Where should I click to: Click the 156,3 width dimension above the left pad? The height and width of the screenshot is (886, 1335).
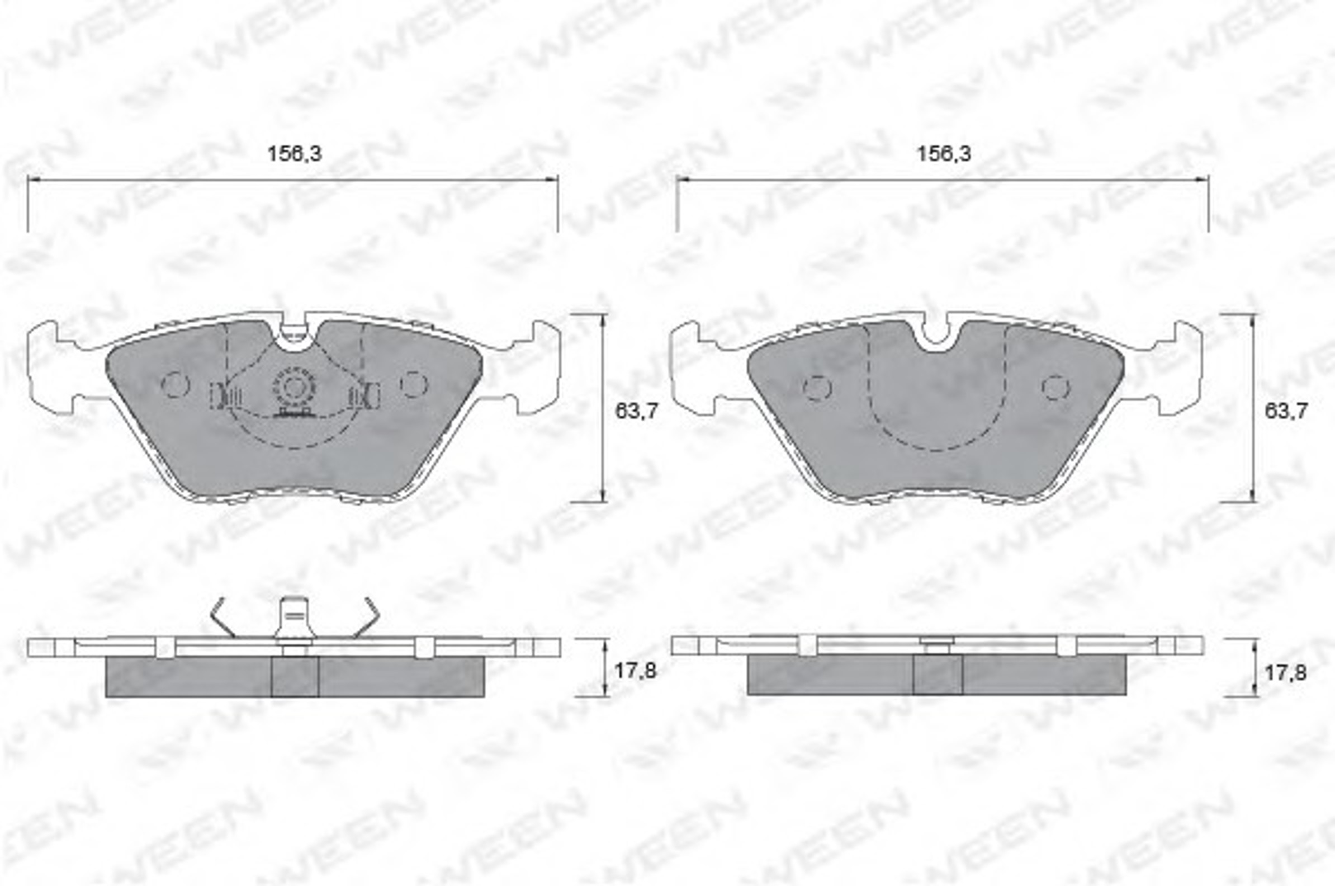click(294, 154)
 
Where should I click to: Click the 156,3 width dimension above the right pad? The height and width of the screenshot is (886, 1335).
click(944, 154)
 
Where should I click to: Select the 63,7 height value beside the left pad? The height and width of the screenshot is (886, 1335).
click(636, 411)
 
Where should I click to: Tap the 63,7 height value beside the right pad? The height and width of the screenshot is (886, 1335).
click(1286, 411)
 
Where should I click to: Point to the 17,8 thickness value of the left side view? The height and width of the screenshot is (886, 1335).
click(635, 671)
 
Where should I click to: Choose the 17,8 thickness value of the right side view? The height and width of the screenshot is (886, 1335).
click(1285, 672)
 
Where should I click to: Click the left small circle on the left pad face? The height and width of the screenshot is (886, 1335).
click(174, 385)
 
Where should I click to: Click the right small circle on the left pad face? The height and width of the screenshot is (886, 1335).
click(414, 385)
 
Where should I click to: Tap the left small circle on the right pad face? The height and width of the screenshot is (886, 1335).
click(817, 388)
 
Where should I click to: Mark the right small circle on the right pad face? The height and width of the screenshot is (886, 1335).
click(1056, 388)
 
